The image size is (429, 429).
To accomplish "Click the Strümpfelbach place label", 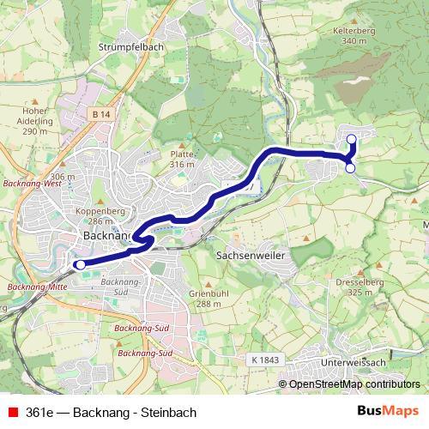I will tap(130, 47).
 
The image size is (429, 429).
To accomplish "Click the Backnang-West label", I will tap(31, 183).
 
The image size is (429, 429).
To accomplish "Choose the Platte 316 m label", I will tap(183, 159).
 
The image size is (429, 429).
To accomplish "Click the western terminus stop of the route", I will tap(80, 265).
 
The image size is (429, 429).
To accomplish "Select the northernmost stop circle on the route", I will tap(350, 139).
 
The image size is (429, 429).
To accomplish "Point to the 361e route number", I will tap(40, 412).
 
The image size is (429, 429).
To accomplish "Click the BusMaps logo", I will tap(388, 411).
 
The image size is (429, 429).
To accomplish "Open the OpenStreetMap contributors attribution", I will tap(354, 384).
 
